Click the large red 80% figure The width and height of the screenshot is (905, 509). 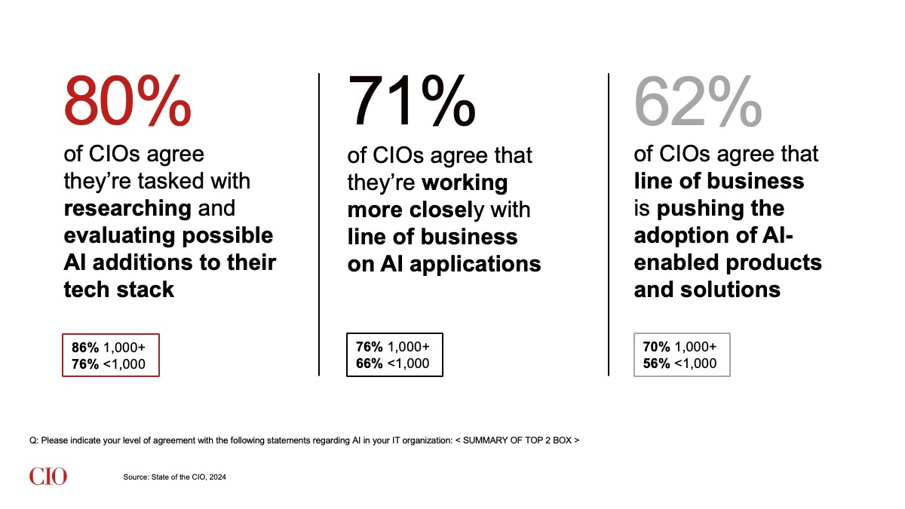click(x=127, y=101)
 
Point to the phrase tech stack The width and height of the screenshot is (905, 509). click(x=119, y=289)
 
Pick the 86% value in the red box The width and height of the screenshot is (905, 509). click(x=85, y=348)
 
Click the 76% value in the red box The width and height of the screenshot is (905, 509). click(x=85, y=364)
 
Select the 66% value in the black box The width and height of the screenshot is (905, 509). click(x=370, y=363)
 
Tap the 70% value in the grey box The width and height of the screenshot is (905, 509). click(x=657, y=347)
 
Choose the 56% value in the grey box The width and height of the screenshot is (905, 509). click(x=657, y=363)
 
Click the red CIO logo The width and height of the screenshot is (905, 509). click(x=48, y=477)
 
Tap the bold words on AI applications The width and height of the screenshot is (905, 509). click(x=443, y=264)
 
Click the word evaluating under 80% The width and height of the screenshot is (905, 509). click(x=118, y=235)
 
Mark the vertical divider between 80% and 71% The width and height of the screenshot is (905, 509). click(x=319, y=224)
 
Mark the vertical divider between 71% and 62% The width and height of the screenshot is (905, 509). click(x=608, y=224)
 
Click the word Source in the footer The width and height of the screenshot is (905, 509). click(x=136, y=477)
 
